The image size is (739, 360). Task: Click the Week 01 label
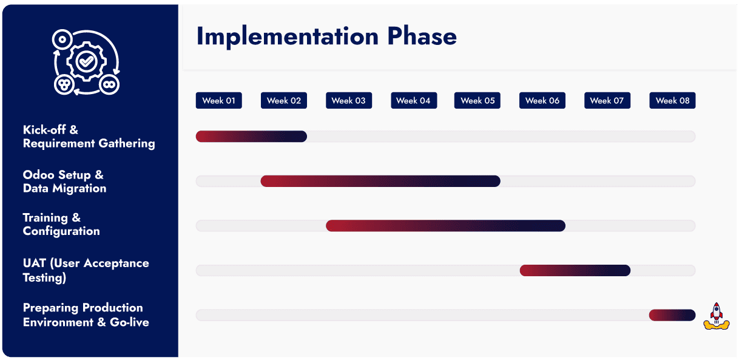coord(218,101)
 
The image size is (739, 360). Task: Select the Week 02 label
coord(283,101)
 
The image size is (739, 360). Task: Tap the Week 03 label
coord(348,101)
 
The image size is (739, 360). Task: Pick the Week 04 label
coord(413,101)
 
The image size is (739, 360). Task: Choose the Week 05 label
coord(477,101)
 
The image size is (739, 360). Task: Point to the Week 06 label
coord(542,101)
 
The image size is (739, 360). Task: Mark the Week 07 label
coord(607,101)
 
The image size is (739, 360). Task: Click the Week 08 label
coord(672,101)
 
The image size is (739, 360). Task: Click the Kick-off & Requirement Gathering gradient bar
coord(251,137)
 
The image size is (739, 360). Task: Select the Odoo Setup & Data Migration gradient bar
coord(380,181)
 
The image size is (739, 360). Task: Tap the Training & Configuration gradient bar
coord(445,226)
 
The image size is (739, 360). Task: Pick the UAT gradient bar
coord(575,270)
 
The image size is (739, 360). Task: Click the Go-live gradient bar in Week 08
coord(672,315)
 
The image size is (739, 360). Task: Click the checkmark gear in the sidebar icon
coord(87,61)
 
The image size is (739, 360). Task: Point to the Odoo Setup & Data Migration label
coord(64,182)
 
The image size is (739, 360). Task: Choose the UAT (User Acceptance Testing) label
coord(86,270)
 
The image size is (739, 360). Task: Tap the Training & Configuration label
coord(61,224)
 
